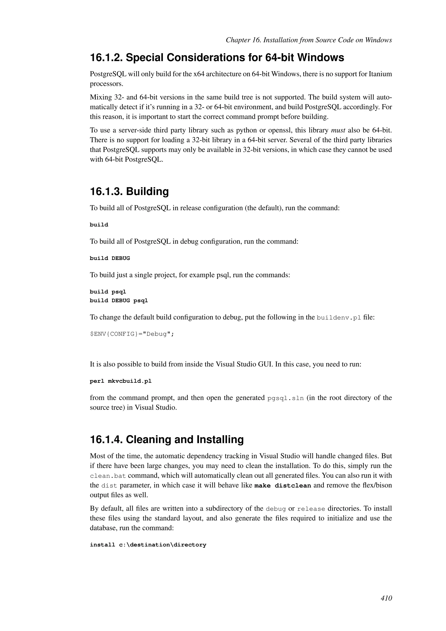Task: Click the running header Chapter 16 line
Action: [x=309, y=40]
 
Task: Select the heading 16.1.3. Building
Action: [x=129, y=191]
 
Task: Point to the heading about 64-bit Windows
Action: [x=217, y=58]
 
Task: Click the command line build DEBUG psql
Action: [x=119, y=301]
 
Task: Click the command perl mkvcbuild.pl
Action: [x=121, y=381]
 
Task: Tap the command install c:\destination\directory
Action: [x=148, y=545]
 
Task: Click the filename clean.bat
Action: [x=108, y=476]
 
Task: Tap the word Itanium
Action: [x=380, y=74]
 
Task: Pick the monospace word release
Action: [x=311, y=509]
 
